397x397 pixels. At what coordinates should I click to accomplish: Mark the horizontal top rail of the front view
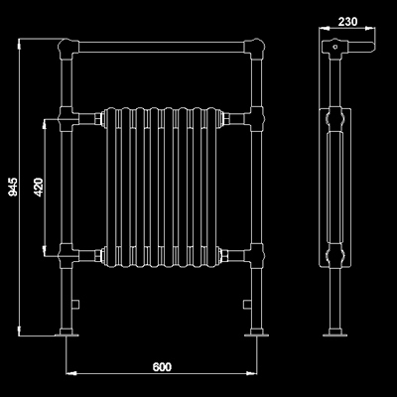tap(163, 46)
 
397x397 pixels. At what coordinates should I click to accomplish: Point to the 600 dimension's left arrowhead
tap(70, 374)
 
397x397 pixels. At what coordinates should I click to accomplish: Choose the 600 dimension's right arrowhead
tap(254, 374)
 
